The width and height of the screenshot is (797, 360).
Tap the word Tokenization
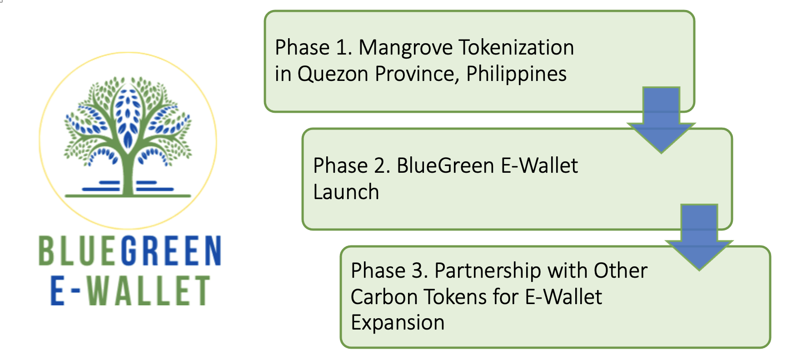click(x=516, y=47)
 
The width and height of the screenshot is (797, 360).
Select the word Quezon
click(x=333, y=74)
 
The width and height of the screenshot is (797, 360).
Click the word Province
click(x=417, y=74)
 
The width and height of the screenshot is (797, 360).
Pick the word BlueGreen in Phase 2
click(x=445, y=165)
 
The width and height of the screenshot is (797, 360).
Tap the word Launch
click(x=346, y=192)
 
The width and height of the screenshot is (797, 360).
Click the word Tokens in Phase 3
click(x=455, y=297)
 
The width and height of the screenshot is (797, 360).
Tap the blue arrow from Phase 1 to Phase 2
click(x=661, y=120)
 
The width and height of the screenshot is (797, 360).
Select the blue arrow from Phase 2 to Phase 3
click(x=699, y=237)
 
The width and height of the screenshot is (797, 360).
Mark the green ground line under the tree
click(x=128, y=196)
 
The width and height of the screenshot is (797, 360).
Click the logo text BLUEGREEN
click(x=130, y=250)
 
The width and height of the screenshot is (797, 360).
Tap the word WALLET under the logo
click(x=148, y=290)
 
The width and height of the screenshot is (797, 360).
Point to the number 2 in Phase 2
click(x=382, y=165)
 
